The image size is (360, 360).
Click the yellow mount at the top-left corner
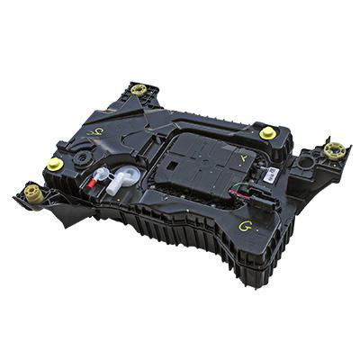[139, 90]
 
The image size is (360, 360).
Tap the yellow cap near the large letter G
[267, 133]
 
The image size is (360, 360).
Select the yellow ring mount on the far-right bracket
[335, 151]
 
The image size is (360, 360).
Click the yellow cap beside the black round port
[55, 165]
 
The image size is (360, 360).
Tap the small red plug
[91, 183]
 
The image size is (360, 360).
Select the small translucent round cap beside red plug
[102, 173]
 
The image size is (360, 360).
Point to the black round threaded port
[83, 157]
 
